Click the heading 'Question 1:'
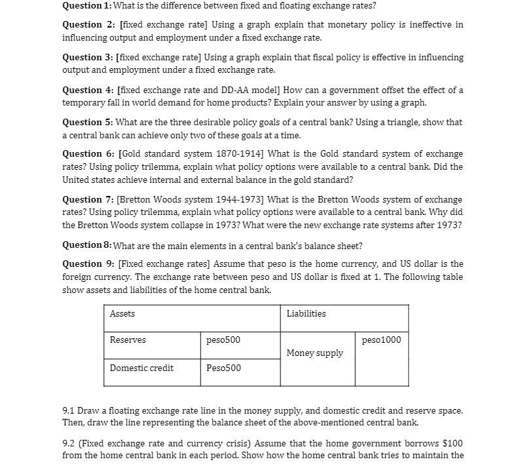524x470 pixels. click(87, 6)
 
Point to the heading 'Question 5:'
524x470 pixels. click(88, 123)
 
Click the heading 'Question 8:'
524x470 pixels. click(87, 246)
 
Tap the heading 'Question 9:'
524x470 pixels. click(88, 264)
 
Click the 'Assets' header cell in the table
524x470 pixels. click(122, 314)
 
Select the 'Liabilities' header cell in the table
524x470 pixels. click(306, 314)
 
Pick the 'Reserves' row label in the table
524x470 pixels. click(128, 340)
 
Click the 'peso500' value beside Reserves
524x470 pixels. click(223, 340)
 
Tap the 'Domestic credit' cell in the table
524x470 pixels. click(141, 368)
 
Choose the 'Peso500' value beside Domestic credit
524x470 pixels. click(223, 368)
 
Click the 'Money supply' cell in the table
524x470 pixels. click(315, 353)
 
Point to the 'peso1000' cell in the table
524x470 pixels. click(381, 340)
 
